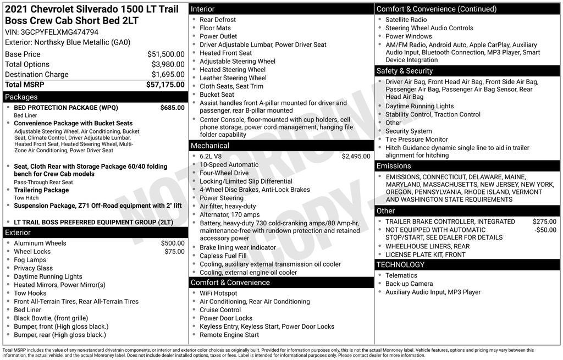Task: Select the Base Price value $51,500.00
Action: [165, 54]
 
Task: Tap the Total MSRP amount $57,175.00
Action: [165, 85]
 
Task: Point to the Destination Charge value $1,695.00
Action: [168, 74]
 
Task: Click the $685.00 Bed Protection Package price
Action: [172, 108]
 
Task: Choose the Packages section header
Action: [21, 97]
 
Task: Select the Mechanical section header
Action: [209, 146]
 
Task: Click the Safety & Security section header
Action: [404, 71]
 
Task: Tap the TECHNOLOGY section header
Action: [400, 265]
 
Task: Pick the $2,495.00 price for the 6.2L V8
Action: [356, 156]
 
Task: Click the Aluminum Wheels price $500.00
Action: [173, 243]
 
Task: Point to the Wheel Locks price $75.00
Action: [174, 252]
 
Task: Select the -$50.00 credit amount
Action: [545, 230]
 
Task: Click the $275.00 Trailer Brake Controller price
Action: [544, 222]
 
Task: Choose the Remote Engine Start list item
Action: [229, 335]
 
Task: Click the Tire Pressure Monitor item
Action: [416, 140]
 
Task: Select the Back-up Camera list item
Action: [409, 284]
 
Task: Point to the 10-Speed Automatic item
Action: [229, 165]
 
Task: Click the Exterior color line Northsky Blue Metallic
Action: [68, 42]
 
